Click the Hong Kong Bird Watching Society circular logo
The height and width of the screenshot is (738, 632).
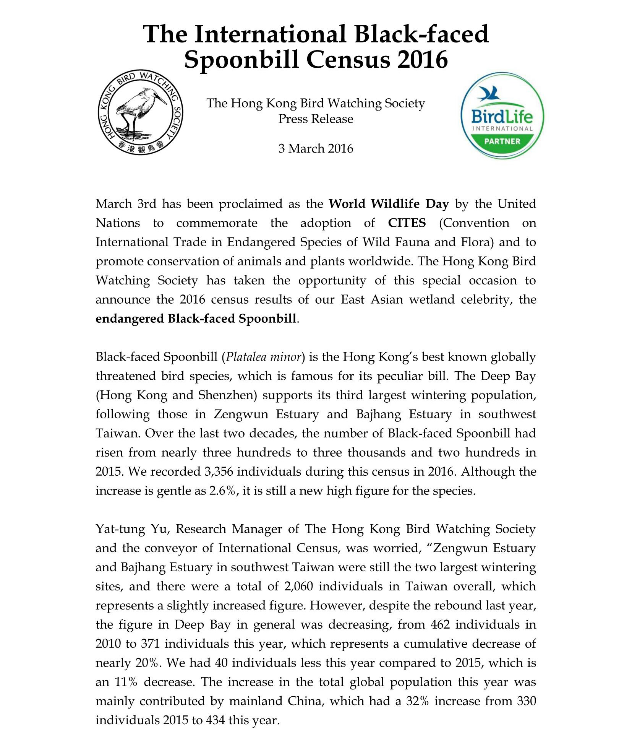pyautogui.click(x=140, y=112)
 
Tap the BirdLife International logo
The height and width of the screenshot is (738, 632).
pyautogui.click(x=502, y=115)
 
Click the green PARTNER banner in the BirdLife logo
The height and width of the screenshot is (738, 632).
pyautogui.click(x=502, y=141)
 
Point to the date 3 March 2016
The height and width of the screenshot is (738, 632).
pyautogui.click(x=316, y=148)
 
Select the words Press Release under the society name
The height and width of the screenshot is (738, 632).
pyautogui.click(x=316, y=119)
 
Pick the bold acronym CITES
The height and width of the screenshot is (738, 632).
pyautogui.click(x=407, y=223)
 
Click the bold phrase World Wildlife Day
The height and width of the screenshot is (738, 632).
pyautogui.click(x=389, y=204)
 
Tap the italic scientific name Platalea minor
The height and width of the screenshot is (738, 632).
pyautogui.click(x=264, y=357)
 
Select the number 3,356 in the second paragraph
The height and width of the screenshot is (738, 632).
pyautogui.click(x=219, y=471)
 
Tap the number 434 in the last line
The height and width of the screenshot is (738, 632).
pyautogui.click(x=216, y=720)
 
